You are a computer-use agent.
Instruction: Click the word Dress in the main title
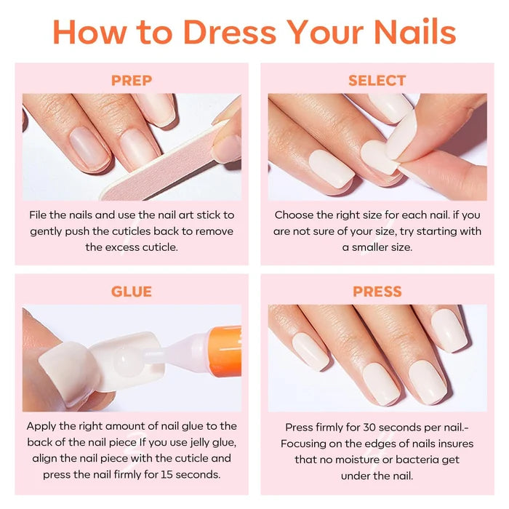(x=230, y=32)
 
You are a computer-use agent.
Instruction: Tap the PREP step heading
(x=132, y=81)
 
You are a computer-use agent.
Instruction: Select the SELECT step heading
(x=377, y=81)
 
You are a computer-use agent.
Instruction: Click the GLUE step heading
(x=132, y=292)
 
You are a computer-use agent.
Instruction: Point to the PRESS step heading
(x=377, y=292)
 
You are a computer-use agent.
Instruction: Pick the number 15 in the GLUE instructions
(x=167, y=475)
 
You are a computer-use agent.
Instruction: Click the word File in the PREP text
(x=38, y=215)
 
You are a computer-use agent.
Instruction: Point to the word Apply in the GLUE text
(x=41, y=427)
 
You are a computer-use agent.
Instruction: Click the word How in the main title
(x=90, y=32)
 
